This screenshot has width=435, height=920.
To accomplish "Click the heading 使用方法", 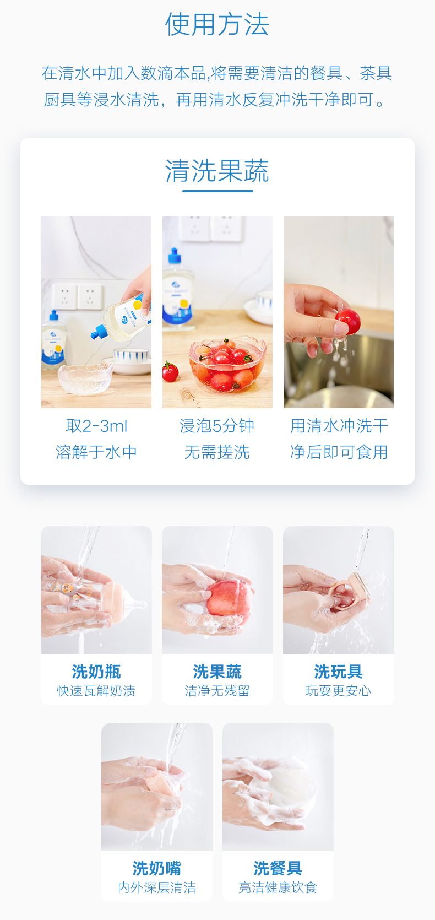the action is click(x=217, y=24).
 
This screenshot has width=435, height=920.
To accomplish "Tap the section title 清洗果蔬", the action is click(x=217, y=170).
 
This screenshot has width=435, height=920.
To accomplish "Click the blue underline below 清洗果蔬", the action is click(x=218, y=191).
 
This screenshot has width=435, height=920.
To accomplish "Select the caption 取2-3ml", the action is click(x=96, y=426).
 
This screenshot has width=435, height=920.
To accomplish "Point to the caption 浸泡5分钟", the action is click(x=217, y=426).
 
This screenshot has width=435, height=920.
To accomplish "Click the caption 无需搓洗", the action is click(x=217, y=452).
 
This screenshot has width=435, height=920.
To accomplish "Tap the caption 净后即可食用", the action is click(x=339, y=452).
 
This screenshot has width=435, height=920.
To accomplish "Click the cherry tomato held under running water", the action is click(x=348, y=321).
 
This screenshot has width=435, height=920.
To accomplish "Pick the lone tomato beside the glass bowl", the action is click(x=170, y=371).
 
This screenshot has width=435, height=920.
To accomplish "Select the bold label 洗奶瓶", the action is click(x=96, y=672).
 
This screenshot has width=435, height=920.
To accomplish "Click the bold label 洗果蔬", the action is click(x=217, y=672).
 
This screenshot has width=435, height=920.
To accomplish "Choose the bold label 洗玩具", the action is click(x=339, y=672).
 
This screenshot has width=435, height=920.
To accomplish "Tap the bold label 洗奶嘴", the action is click(x=157, y=868).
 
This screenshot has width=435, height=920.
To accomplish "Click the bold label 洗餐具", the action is click(x=278, y=868).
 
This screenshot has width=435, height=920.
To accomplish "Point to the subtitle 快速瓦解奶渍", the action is click(x=96, y=691).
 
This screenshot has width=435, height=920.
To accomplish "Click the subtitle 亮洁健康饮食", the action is click(x=278, y=887).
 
